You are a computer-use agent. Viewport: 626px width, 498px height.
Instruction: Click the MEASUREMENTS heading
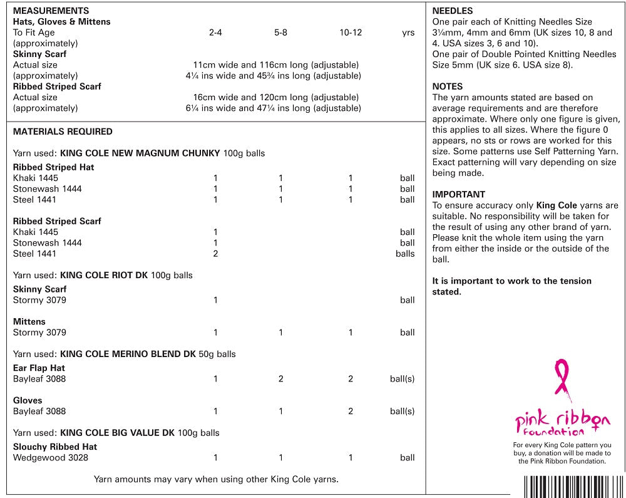tap(51, 11)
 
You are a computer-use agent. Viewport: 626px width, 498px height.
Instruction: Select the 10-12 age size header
tap(351, 33)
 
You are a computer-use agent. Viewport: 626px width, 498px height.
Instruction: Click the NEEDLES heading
tap(452, 11)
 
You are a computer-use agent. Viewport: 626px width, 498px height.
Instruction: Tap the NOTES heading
tap(447, 86)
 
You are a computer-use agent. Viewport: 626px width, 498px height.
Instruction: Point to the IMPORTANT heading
tap(458, 194)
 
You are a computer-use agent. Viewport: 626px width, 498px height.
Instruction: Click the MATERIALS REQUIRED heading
tap(63, 132)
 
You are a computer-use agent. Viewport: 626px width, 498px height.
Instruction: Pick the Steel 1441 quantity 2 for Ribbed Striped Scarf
tap(215, 254)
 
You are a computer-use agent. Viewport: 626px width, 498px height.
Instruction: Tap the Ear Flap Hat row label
tap(39, 368)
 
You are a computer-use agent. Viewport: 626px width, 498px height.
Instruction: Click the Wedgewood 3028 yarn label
tap(51, 458)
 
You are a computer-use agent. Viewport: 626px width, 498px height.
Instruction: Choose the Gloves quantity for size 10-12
tap(351, 412)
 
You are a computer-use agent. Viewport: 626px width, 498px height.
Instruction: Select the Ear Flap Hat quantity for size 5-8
tap(280, 379)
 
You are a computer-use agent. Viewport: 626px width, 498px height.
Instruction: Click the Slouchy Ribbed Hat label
tap(55, 447)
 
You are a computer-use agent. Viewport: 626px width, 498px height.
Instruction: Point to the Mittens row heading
tap(29, 321)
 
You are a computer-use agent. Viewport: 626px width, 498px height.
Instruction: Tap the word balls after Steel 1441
tap(405, 254)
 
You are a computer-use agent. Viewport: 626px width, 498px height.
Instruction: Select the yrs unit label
tap(408, 33)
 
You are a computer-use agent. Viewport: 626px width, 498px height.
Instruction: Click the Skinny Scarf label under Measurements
tap(39, 54)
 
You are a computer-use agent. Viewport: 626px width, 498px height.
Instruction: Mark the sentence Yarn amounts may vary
tap(216, 479)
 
